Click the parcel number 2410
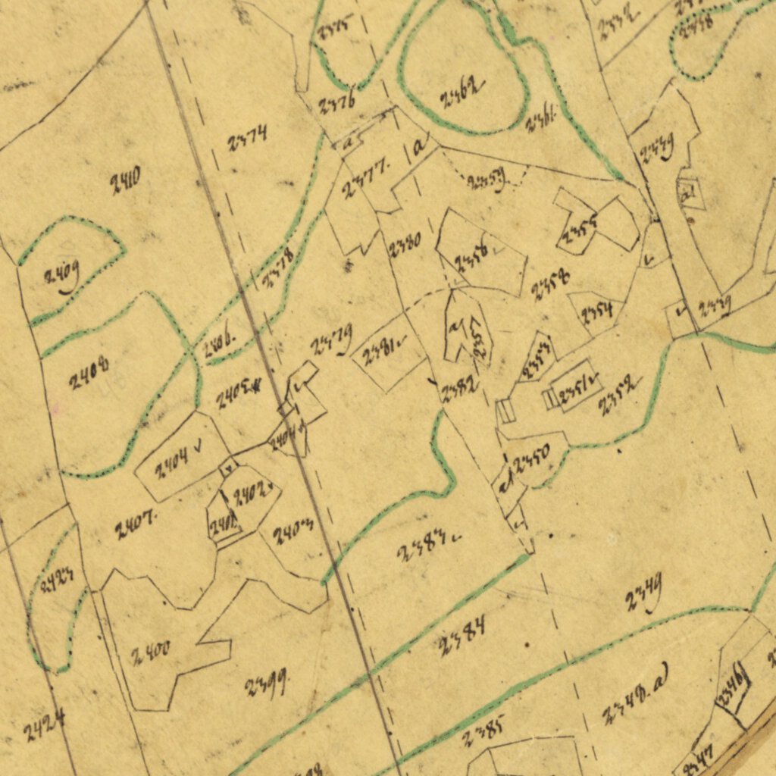click(x=125, y=183)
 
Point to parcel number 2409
click(x=61, y=278)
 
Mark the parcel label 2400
click(x=149, y=653)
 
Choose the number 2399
click(x=264, y=686)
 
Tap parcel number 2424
click(x=43, y=724)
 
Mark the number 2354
click(x=597, y=310)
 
